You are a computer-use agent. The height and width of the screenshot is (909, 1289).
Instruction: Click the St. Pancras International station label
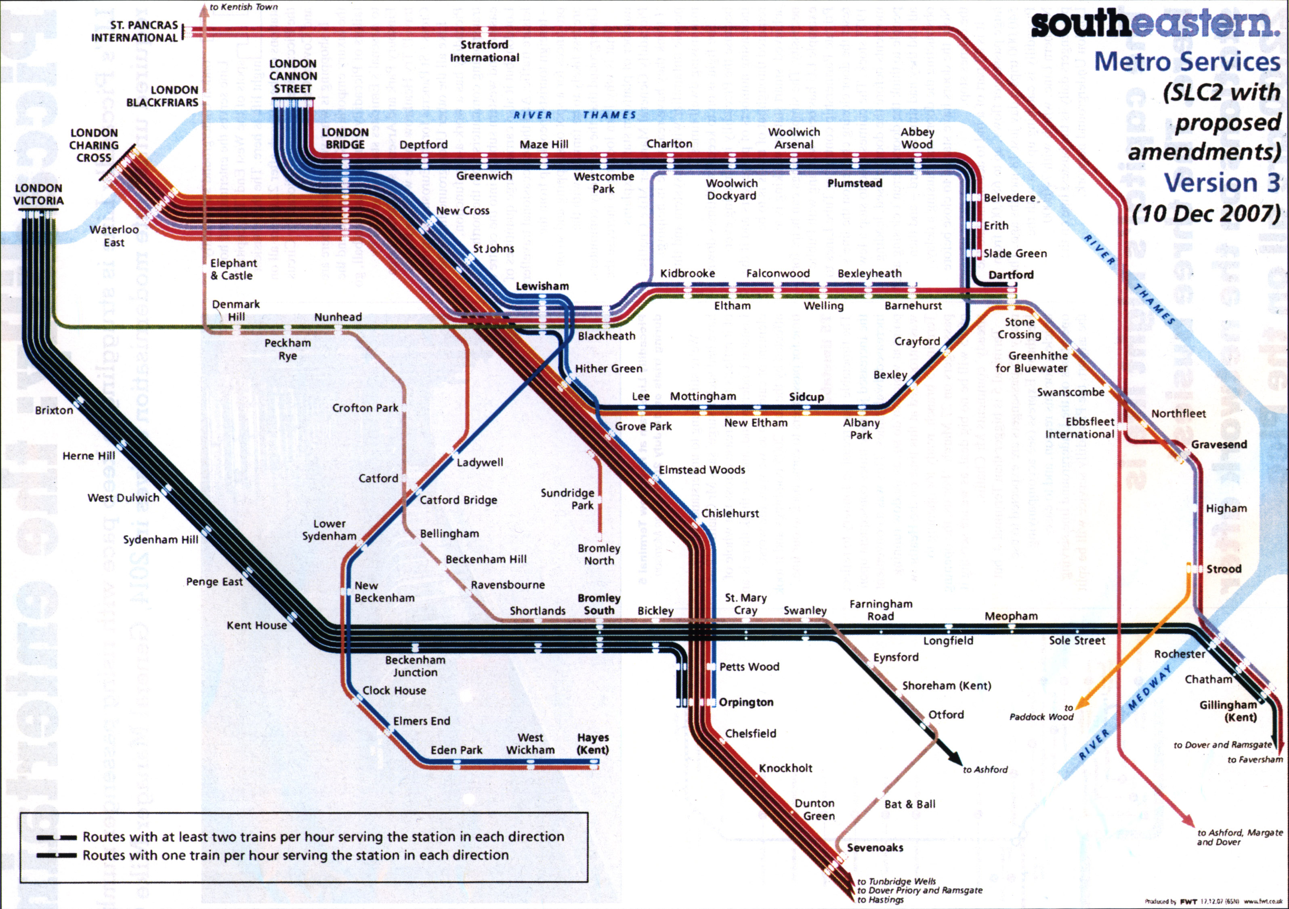tap(135, 32)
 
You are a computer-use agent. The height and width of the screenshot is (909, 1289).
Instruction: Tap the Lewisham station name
tap(542, 286)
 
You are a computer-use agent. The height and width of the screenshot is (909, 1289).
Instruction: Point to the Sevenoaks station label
tap(875, 848)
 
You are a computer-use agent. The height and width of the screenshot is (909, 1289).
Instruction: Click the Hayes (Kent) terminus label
tap(593, 744)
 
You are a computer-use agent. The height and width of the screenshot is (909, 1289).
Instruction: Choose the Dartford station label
tap(1010, 275)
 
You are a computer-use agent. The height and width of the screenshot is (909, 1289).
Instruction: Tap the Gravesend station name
tap(1219, 444)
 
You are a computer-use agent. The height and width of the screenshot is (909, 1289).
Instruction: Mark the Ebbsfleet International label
tap(1079, 428)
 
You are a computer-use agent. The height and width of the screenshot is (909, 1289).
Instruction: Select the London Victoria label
tap(39, 194)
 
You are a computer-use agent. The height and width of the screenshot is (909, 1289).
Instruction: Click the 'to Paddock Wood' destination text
tap(1041, 713)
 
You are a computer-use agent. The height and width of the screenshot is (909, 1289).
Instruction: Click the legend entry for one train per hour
tap(295, 856)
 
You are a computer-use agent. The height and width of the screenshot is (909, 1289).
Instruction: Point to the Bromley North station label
tap(598, 555)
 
